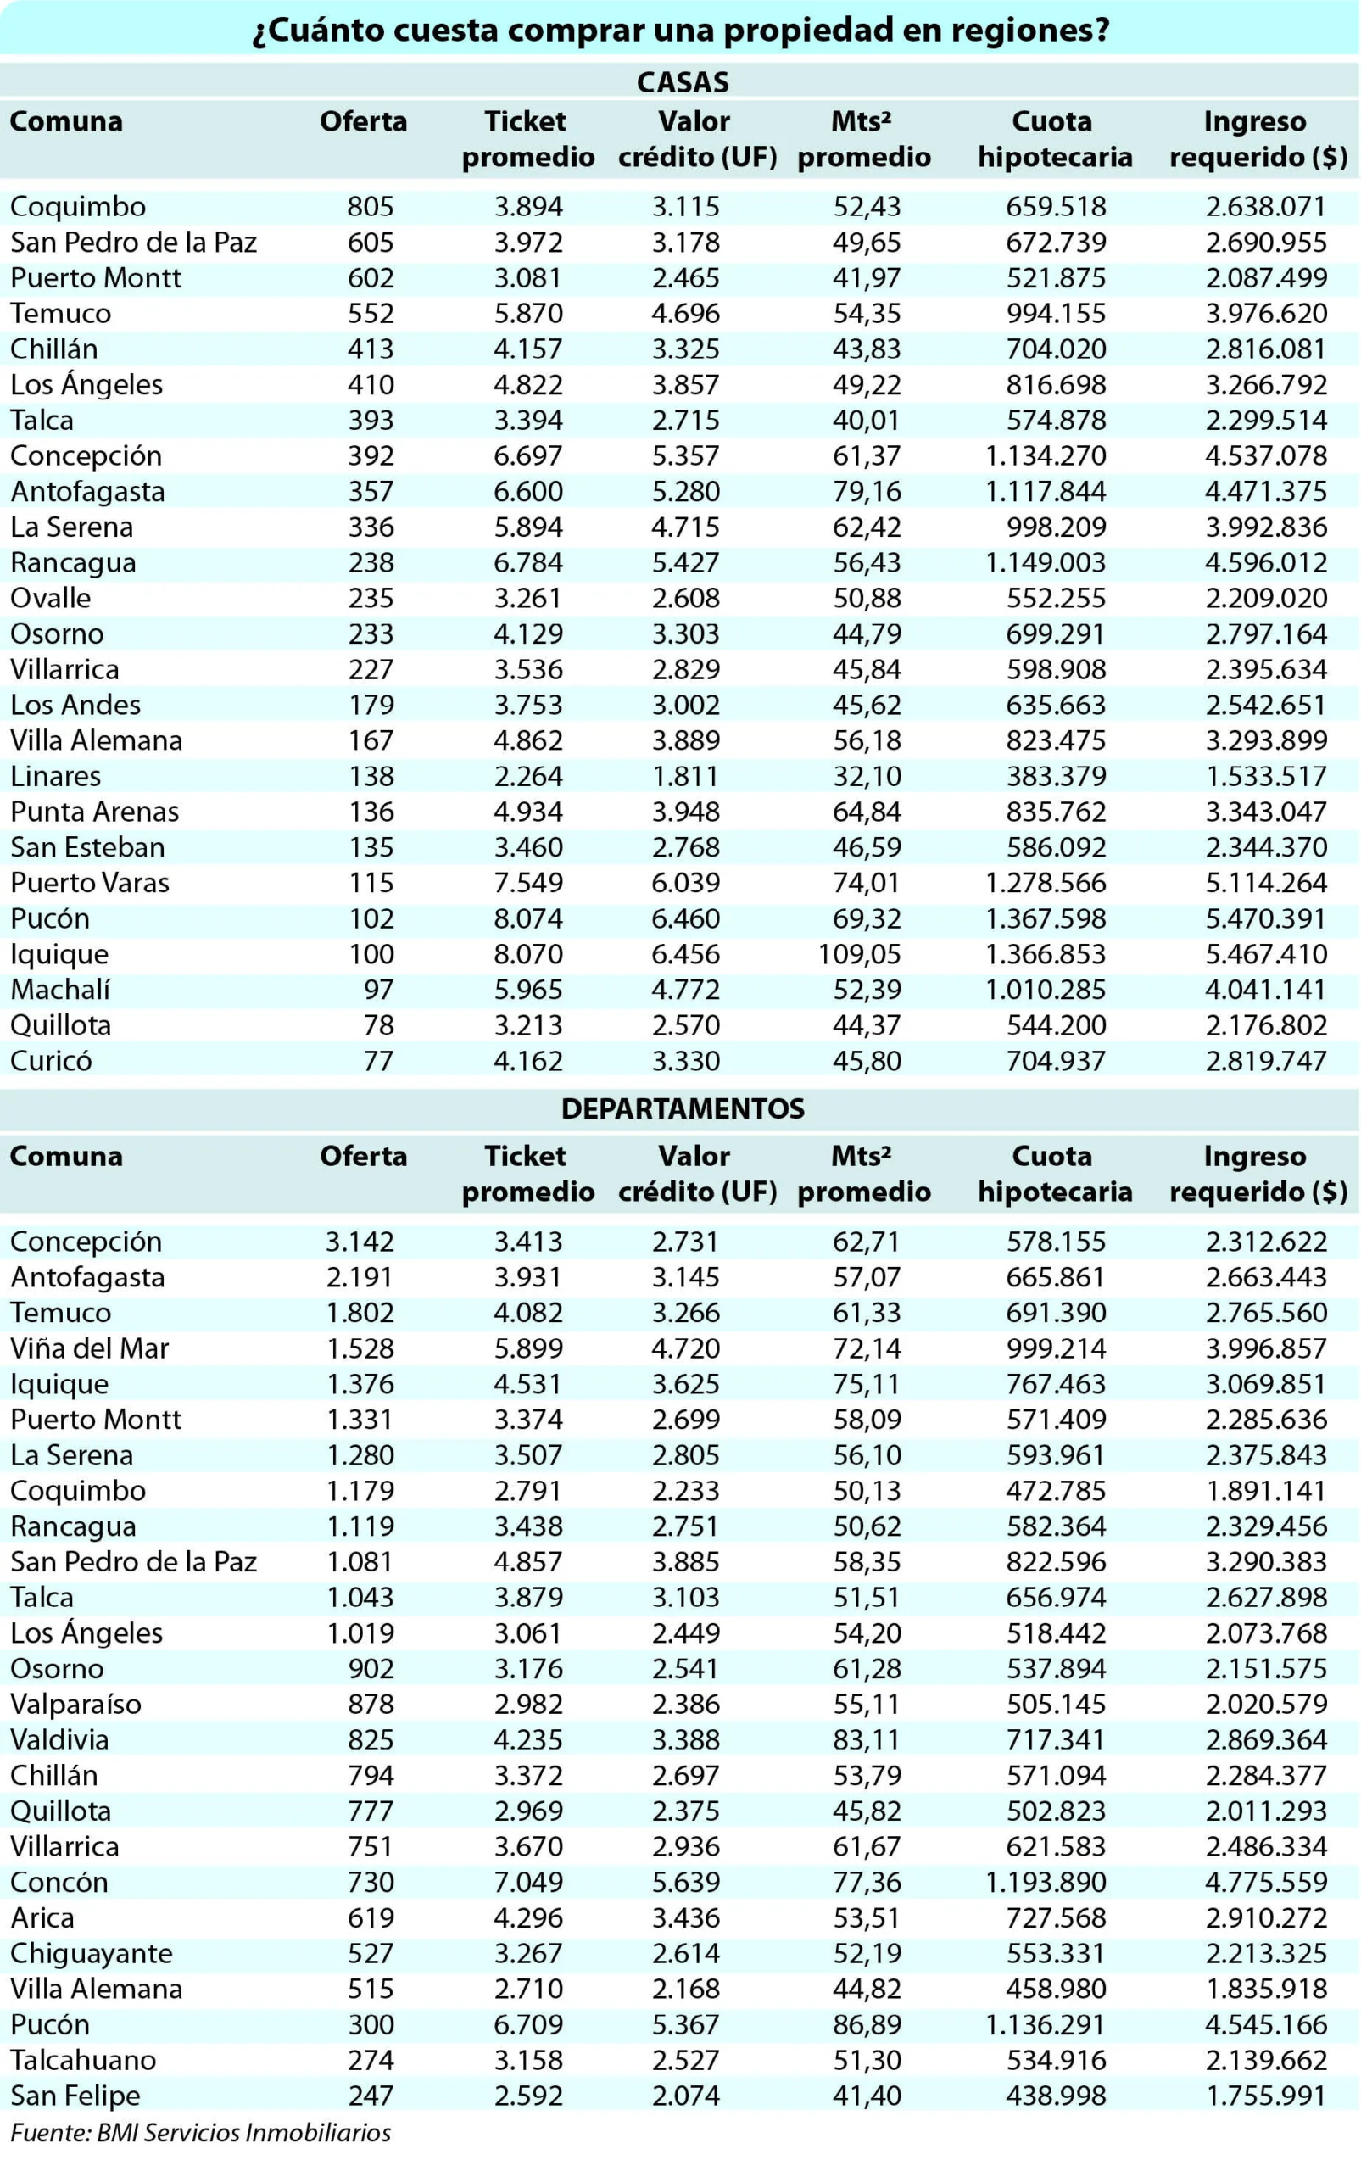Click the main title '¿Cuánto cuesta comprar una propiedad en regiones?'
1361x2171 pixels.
pyautogui.click(x=680, y=30)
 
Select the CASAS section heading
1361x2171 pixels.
pyautogui.click(x=683, y=82)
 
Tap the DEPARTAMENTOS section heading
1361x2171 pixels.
pyautogui.click(x=683, y=1108)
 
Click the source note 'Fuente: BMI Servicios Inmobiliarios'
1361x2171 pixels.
pyautogui.click(x=201, y=2132)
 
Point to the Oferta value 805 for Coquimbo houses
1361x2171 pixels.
pyautogui.click(x=371, y=206)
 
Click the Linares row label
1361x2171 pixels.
pyautogui.click(x=56, y=776)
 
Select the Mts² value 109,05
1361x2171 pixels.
pyautogui.click(x=860, y=953)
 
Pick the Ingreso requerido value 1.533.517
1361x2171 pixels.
pyautogui.click(x=1267, y=776)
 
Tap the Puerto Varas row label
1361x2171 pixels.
pyautogui.click(x=90, y=882)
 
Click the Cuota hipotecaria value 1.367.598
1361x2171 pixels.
pyautogui.click(x=1046, y=918)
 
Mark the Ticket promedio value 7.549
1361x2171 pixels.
pyautogui.click(x=528, y=882)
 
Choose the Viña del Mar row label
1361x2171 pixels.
pyautogui.click(x=89, y=1348)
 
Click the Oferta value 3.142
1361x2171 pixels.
pyautogui.click(x=360, y=1242)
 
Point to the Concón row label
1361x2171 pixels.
pyautogui.click(x=59, y=1881)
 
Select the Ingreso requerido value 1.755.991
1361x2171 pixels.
pyautogui.click(x=1267, y=2095)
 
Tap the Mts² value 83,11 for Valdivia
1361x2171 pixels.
pyautogui.click(x=867, y=1739)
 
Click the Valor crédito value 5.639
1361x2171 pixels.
pyautogui.click(x=686, y=1881)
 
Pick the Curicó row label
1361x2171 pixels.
pyautogui.click(x=52, y=1060)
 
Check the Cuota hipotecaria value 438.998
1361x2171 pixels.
pyautogui.click(x=1056, y=2095)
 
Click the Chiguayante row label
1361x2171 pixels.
pyautogui.click(x=92, y=1953)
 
